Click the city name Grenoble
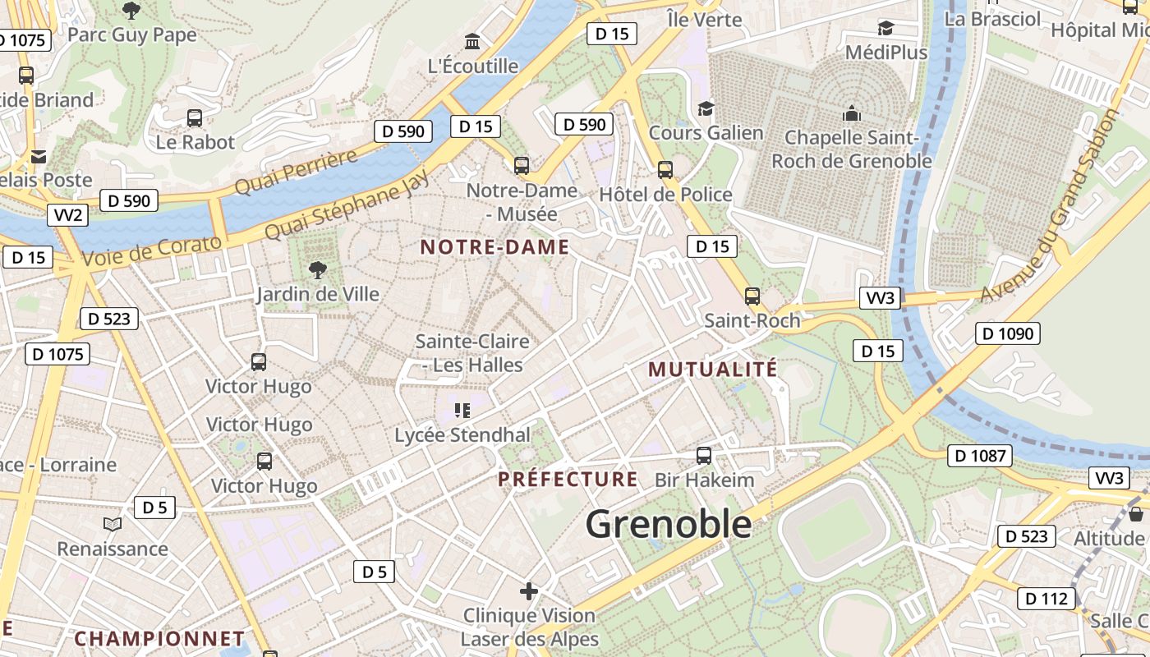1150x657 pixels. coord(669,524)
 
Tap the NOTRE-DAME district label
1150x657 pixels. coord(494,247)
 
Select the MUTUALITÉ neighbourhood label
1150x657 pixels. coord(712,370)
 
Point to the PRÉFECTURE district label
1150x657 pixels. coord(568,479)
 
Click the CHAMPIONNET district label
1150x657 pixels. coord(159,638)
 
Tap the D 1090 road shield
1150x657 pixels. coord(1008,333)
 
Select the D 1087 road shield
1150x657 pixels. coord(979,456)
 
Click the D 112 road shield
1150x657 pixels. coord(1047,599)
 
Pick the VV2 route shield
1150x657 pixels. coord(67,215)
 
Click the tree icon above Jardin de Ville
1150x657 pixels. coord(317,269)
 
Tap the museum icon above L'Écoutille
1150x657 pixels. coord(473,41)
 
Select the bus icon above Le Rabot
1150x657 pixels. coord(195,117)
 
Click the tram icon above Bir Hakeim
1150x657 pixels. coord(704,455)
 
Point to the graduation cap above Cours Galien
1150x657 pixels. coord(706,108)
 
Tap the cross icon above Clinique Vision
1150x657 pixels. coord(529,590)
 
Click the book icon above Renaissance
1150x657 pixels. coord(113,524)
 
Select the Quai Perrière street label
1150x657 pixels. coord(296,172)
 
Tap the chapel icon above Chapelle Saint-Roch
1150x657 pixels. coord(852,113)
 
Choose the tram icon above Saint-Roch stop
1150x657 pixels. coord(752,296)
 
